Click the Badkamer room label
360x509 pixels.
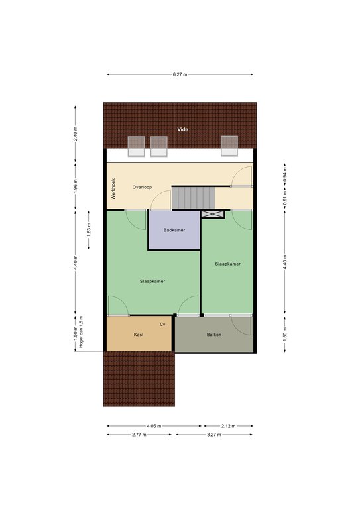[174, 230]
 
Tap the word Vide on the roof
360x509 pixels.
[182, 129]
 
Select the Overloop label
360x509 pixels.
[142, 187]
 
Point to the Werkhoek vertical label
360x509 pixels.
[113, 189]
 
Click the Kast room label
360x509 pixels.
[139, 335]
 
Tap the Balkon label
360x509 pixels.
[214, 335]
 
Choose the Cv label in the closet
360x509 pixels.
[162, 324]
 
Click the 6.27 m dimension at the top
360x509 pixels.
[180, 74]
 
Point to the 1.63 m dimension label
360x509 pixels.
[89, 229]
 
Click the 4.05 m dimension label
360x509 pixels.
[154, 426]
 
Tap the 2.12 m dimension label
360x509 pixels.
[228, 426]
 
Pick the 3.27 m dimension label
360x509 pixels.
[214, 435]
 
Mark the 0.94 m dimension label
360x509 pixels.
[285, 174]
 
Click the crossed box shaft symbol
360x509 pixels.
[213, 214]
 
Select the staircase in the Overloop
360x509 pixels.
[193, 198]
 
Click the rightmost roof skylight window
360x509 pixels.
[229, 146]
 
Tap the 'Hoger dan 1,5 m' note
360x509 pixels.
[81, 332]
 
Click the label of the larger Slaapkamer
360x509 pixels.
[152, 282]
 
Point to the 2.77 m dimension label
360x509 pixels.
[139, 435]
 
